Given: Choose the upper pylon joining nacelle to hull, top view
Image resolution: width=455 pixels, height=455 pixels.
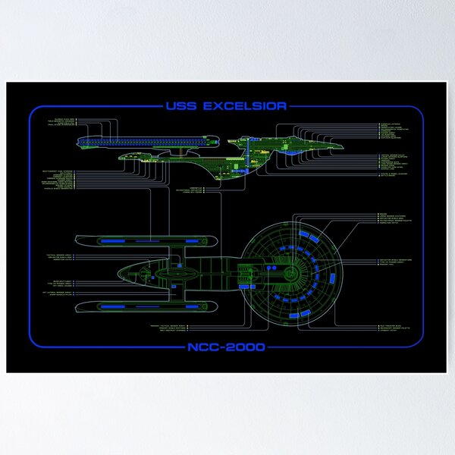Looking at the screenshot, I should (x=174, y=253).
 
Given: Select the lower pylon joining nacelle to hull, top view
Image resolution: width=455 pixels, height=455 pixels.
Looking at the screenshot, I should (x=174, y=293).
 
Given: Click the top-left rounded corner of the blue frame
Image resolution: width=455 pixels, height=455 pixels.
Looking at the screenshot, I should (x=34, y=112).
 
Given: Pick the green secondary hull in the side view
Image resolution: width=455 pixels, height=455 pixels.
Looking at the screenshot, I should (x=174, y=158).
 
